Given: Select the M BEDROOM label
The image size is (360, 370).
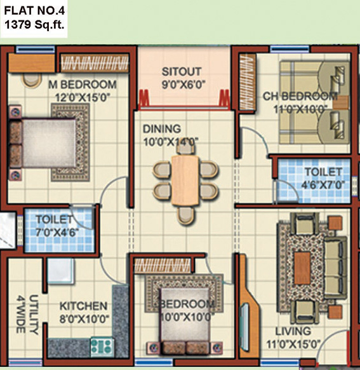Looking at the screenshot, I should pos(82,85).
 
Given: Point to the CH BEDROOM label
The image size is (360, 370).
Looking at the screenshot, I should pos(300,97).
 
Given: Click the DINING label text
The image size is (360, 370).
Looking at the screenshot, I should pos(161,128).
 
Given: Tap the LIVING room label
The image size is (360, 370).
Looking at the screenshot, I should pos(293,331).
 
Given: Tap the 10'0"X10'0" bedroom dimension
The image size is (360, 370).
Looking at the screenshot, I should pos(183,317).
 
